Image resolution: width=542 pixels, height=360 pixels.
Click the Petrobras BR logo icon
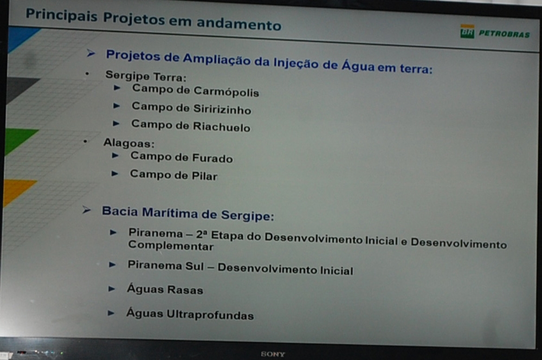coord(467,31)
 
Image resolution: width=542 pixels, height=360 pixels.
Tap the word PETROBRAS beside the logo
coord(504,34)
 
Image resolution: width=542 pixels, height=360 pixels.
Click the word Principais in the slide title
coord(62,15)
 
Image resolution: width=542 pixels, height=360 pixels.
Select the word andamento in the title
coord(239,24)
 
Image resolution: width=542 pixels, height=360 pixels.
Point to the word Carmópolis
coord(226,92)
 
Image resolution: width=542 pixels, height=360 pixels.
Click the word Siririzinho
coord(222,109)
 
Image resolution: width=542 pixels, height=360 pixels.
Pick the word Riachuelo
coord(221,126)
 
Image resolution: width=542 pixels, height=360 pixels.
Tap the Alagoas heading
coord(129,143)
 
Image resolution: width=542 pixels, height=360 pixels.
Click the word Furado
coord(212,158)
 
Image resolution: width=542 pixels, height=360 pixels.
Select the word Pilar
coord(205,176)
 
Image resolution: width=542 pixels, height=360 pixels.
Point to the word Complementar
coord(171,246)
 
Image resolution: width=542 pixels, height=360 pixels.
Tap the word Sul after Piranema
coord(195,266)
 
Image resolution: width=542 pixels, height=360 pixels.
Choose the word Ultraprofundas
coord(210,314)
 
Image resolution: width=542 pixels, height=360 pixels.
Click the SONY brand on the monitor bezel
coord(273,354)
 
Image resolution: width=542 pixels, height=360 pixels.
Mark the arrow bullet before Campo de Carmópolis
coord(117,88)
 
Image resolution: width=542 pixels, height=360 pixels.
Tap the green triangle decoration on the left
coord(20,140)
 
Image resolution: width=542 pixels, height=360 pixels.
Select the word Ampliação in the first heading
coord(217,60)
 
